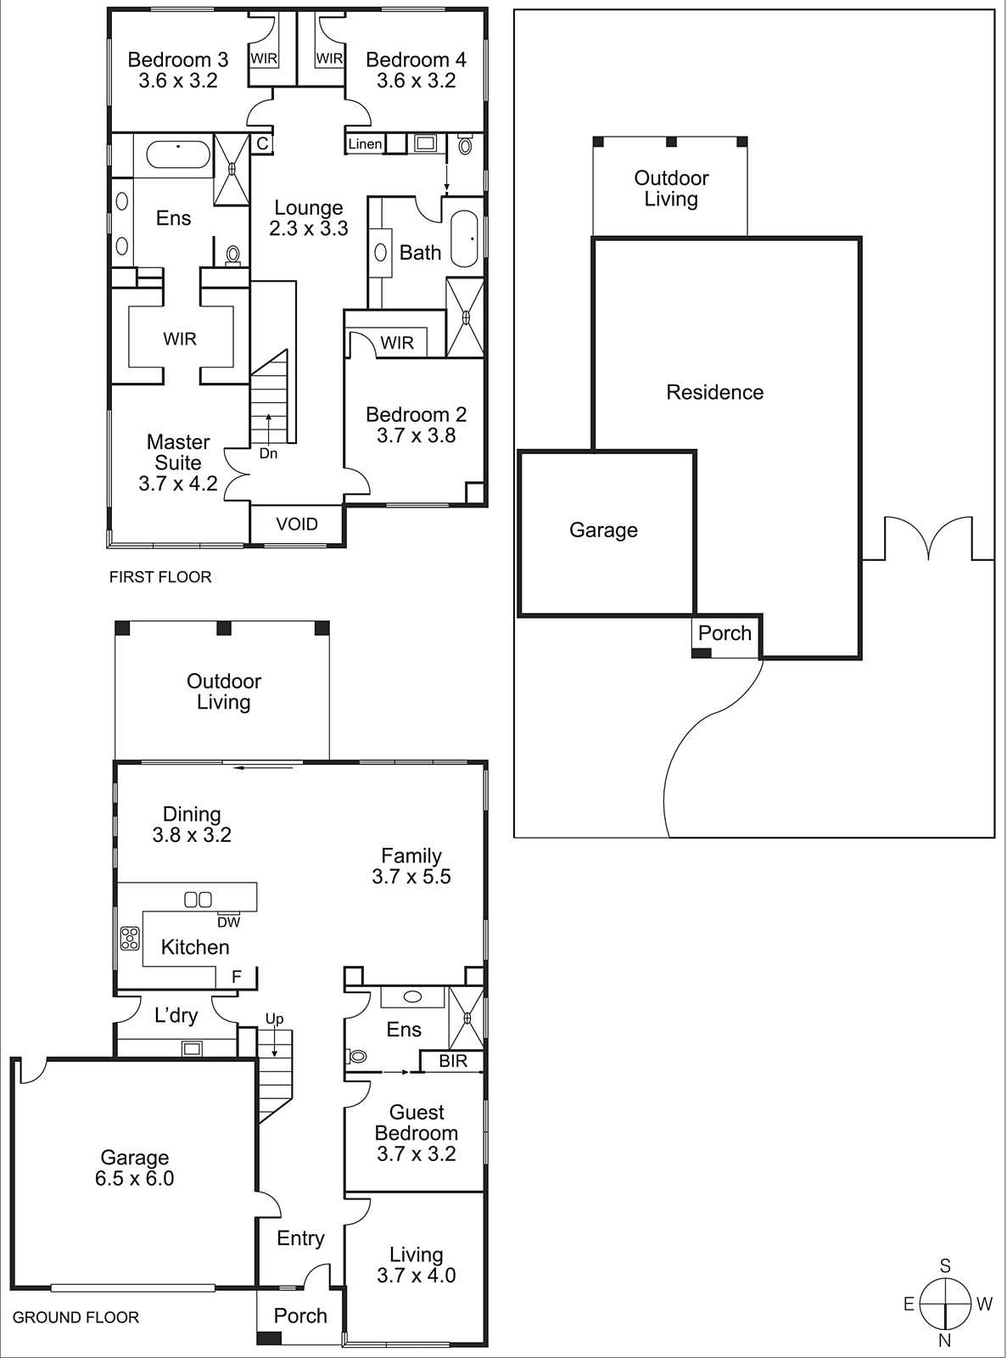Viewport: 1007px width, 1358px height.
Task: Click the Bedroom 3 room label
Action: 177,60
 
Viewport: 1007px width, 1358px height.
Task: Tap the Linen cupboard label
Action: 365,144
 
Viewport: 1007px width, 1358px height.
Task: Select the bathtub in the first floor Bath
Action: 465,240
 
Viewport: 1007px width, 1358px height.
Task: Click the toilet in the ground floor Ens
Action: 356,1057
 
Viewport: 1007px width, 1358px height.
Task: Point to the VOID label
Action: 297,525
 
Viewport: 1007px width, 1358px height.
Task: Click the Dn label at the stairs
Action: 268,454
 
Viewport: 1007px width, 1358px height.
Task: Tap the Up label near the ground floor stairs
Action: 274,1019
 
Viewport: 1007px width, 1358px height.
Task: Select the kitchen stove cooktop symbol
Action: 130,938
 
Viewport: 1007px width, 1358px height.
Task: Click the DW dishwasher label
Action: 229,923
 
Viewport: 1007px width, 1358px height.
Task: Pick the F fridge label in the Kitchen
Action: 237,977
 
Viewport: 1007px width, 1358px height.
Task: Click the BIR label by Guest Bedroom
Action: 453,1062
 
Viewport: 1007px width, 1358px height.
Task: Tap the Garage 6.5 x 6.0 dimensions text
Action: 135,1179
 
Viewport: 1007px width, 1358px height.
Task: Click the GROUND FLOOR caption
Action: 76,1317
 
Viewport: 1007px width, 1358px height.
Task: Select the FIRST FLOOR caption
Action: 160,577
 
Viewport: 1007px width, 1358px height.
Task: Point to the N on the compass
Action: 944,1342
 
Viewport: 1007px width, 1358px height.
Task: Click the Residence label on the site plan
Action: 714,392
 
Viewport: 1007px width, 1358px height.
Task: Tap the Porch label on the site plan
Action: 724,633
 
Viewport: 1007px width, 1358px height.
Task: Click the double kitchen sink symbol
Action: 198,899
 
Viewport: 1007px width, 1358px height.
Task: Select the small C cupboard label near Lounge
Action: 262,144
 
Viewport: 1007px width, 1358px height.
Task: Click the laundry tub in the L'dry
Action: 192,1049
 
